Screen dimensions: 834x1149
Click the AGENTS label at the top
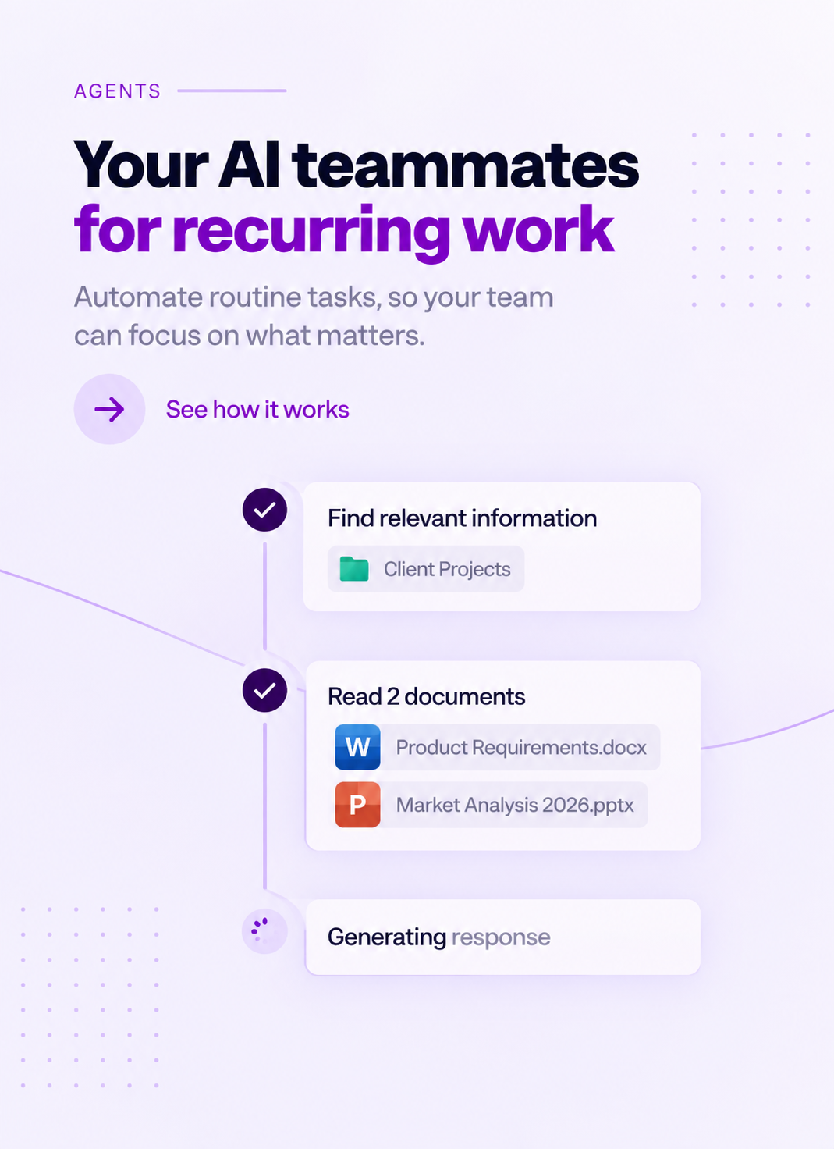pyautogui.click(x=117, y=91)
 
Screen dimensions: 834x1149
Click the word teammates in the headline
pyautogui.click(x=466, y=165)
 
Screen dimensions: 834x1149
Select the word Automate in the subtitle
pyautogui.click(x=138, y=297)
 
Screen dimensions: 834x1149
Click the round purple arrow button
pyautogui.click(x=109, y=409)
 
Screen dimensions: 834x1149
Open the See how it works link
pyautogui.click(x=257, y=409)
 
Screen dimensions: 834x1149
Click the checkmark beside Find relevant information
pyautogui.click(x=264, y=510)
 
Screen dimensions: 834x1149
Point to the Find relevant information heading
pyautogui.click(x=463, y=518)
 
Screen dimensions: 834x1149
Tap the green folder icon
pyautogui.click(x=353, y=569)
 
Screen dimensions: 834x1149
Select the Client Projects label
pyautogui.click(x=447, y=569)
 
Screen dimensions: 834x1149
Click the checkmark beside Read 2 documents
pyautogui.click(x=264, y=690)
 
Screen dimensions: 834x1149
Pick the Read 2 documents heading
pyautogui.click(x=427, y=696)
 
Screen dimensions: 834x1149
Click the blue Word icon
pyautogui.click(x=357, y=747)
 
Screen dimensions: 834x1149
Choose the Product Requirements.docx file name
pyautogui.click(x=521, y=747)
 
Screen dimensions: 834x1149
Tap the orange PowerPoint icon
pyautogui.click(x=357, y=804)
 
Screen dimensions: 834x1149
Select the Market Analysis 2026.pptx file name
pyautogui.click(x=515, y=805)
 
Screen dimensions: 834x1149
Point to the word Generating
pyautogui.click(x=387, y=937)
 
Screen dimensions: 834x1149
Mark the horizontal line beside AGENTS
pyautogui.click(x=232, y=91)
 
